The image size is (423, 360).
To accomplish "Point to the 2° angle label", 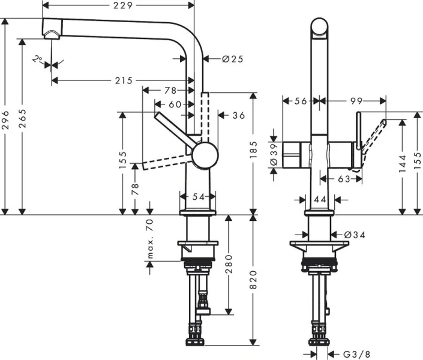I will (38, 59).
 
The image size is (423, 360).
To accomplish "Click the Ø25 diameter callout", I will (232, 59).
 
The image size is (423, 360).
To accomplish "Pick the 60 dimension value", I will (175, 104).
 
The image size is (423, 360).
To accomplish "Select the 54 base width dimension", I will (197, 197).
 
